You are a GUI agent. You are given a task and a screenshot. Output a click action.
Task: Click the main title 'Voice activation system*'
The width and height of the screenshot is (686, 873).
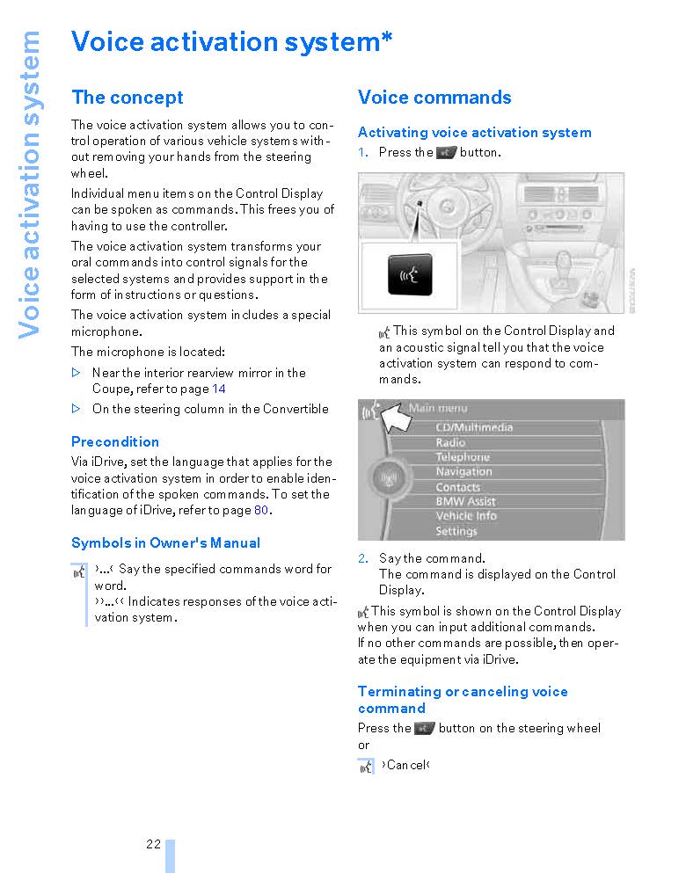(231, 41)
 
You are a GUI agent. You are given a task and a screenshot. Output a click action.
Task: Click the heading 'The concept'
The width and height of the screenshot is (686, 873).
(128, 98)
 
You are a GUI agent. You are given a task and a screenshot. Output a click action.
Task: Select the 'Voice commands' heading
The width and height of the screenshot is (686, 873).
(434, 98)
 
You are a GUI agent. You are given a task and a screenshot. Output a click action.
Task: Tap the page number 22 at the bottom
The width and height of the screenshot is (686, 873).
(154, 844)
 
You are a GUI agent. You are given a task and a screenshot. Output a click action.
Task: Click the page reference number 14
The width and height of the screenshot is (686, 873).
(219, 389)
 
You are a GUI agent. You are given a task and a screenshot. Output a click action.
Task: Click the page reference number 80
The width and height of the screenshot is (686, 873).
(262, 510)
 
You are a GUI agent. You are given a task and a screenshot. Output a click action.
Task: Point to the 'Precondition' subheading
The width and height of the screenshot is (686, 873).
(115, 441)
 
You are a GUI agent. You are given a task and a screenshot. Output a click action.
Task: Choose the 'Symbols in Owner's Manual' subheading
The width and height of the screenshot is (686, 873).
(165, 542)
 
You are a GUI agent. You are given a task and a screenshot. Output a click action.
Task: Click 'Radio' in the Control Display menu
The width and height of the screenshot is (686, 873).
(450, 442)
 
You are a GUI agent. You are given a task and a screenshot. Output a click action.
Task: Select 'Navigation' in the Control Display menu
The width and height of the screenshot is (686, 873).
(463, 472)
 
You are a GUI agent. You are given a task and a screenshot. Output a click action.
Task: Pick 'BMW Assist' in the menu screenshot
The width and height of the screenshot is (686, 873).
(465, 501)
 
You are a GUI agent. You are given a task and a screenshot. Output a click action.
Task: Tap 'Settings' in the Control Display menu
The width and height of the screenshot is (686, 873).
(456, 531)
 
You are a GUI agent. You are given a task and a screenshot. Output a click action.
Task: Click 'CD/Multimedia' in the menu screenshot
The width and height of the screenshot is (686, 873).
(474, 427)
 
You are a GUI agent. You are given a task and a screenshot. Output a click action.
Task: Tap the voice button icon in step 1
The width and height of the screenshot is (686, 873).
(447, 153)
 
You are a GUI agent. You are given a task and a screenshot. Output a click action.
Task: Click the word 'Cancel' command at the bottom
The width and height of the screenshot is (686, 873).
(405, 765)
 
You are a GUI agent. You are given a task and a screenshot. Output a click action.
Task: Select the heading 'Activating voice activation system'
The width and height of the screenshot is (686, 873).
(474, 133)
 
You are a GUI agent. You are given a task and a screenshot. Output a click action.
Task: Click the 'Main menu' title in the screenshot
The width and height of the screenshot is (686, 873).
(438, 408)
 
